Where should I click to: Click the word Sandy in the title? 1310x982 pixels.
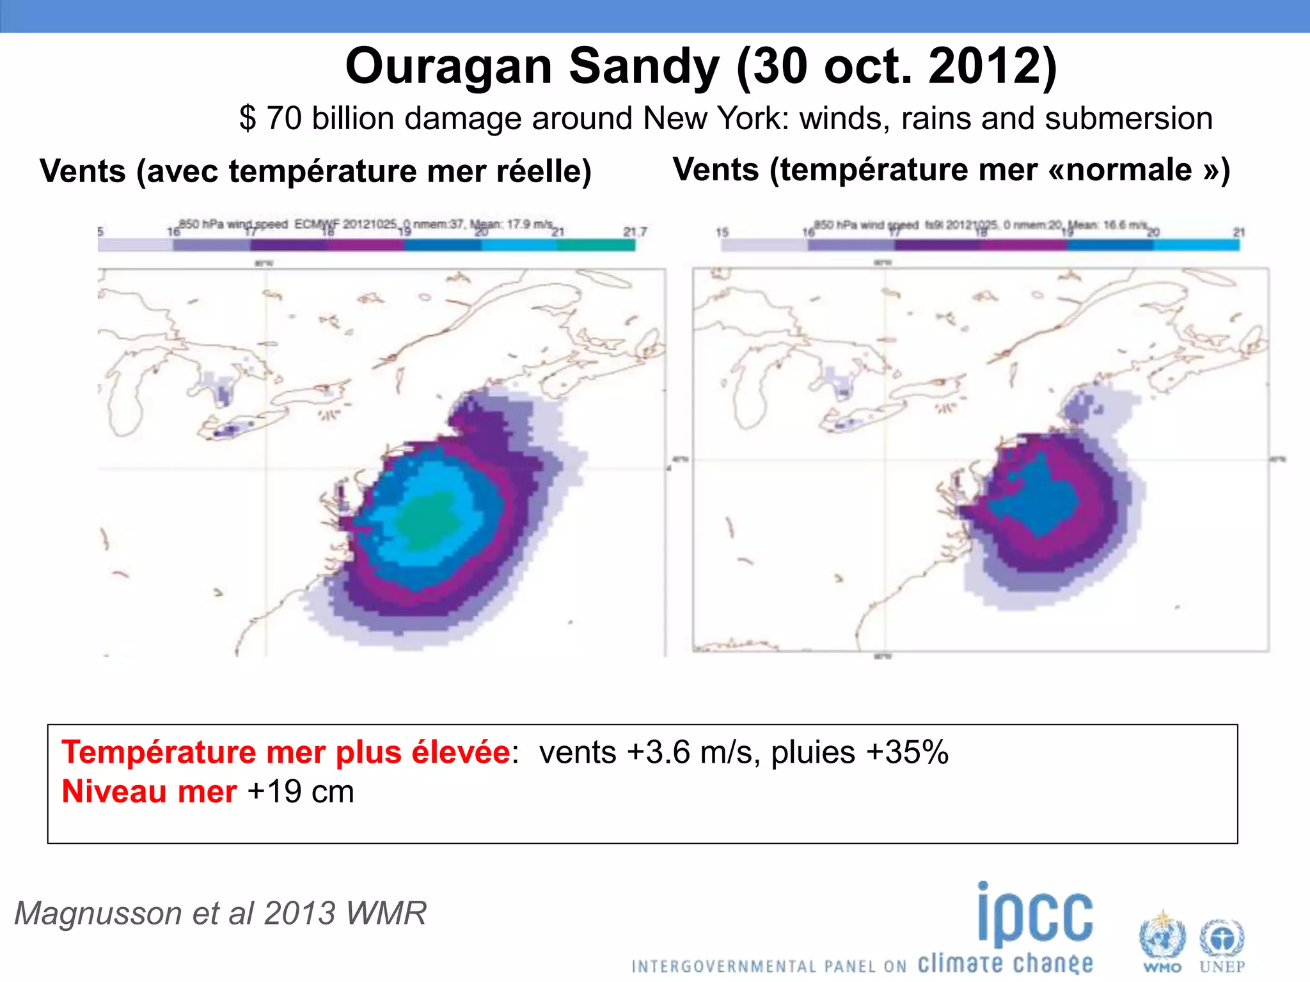[x=643, y=66]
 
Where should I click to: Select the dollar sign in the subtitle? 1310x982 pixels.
[x=248, y=119]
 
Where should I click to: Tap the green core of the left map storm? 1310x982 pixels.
[x=426, y=521]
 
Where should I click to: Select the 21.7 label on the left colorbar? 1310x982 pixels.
[x=635, y=231]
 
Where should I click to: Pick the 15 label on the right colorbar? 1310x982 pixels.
[x=722, y=232]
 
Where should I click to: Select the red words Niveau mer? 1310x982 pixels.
[x=149, y=792]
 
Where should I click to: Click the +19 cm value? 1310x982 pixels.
[x=301, y=792]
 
